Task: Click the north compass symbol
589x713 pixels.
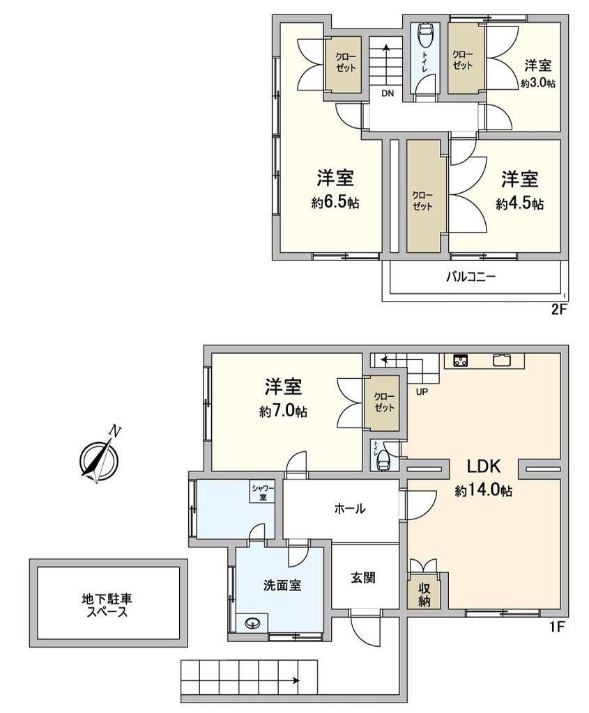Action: coord(100,457)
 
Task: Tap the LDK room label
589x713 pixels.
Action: coord(484,466)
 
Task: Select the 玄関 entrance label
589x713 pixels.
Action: coord(363,577)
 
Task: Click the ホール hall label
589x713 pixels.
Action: coord(349,508)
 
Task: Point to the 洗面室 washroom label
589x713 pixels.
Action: coord(282,585)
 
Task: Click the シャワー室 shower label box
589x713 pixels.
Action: coord(263,492)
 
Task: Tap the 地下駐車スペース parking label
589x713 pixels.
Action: coord(107,605)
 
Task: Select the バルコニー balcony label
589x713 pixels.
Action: coord(471,276)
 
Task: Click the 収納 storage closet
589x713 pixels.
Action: coord(424,595)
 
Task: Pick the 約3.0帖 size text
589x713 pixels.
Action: coord(538,84)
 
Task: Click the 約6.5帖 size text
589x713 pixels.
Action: coord(335,203)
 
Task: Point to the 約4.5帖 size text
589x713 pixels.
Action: coord(519,203)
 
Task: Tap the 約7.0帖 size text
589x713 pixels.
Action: coord(283,412)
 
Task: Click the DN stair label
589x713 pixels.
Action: coord(388,94)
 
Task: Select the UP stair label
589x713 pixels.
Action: coord(422,391)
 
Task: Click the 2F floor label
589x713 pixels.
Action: coord(558,310)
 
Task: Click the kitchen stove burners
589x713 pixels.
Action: coord(461,361)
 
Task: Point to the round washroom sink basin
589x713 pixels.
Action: coord(252,622)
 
